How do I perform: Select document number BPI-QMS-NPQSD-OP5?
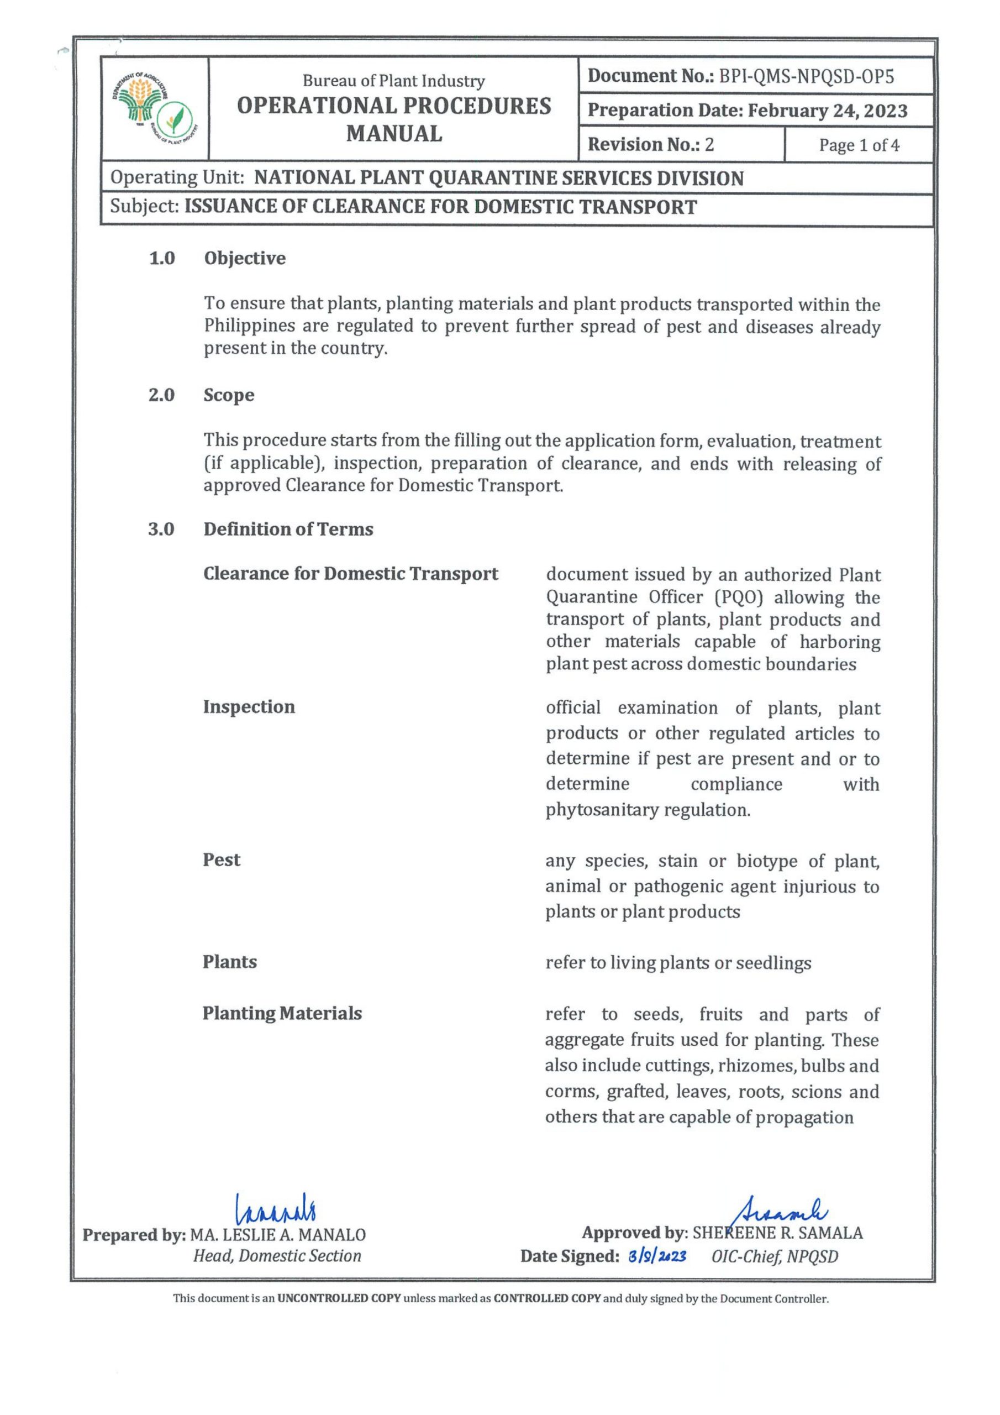(807, 77)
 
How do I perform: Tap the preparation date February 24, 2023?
(828, 112)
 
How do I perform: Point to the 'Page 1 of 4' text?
(859, 145)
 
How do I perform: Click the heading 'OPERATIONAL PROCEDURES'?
(394, 107)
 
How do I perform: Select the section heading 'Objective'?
(245, 258)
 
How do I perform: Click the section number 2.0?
(161, 395)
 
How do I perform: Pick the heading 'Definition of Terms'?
(288, 530)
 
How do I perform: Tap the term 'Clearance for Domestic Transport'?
(351, 574)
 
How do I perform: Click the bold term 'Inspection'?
(249, 707)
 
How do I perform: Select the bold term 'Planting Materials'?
(282, 1013)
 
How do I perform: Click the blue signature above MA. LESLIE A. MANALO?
(276, 1210)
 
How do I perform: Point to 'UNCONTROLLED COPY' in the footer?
(339, 1299)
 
